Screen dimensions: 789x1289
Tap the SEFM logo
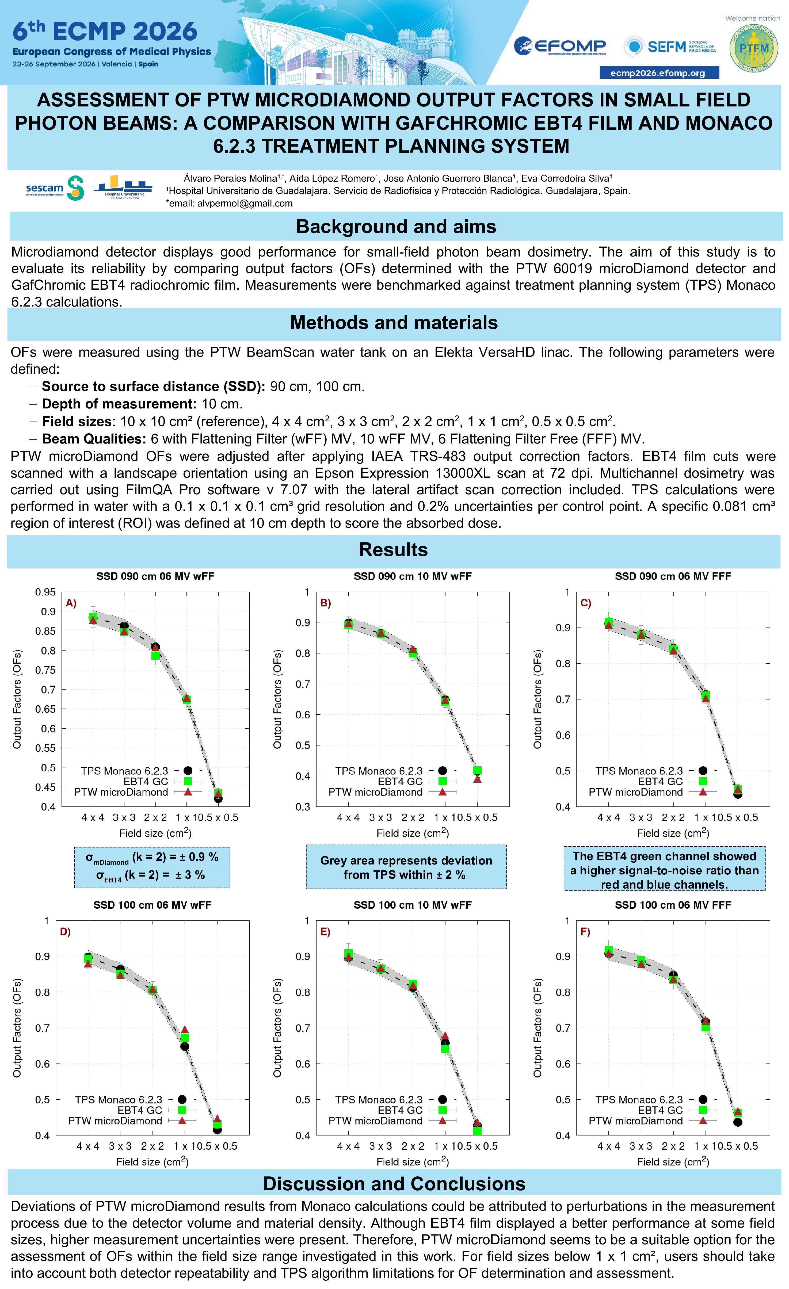670,47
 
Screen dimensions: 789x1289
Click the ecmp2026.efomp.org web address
659,73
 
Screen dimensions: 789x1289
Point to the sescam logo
55,188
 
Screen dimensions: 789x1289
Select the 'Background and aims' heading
396,227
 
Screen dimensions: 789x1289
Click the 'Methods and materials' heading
394,323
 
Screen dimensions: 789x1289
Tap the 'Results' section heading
394,550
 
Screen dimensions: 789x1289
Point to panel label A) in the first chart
71,603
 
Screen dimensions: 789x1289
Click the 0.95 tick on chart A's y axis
45,592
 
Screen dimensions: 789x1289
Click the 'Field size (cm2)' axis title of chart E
413,1162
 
